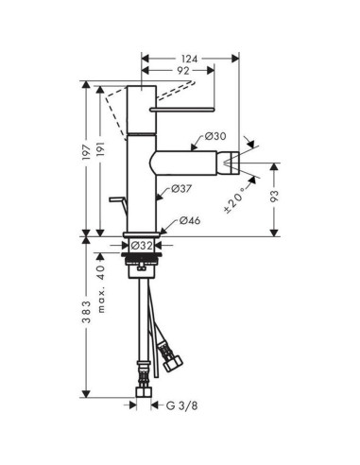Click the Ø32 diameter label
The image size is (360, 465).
(142, 246)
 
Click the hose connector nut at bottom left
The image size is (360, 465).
(143, 389)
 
